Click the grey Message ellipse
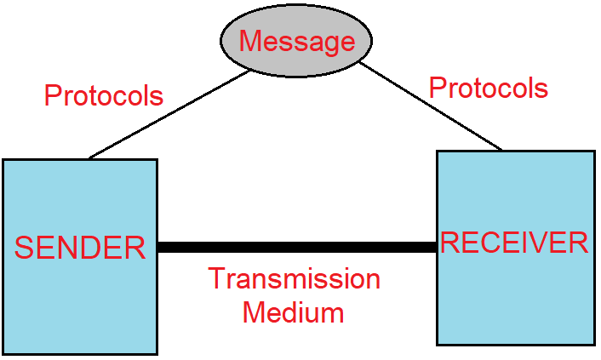tap(296, 41)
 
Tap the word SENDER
tap(81, 248)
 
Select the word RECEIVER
tap(514, 243)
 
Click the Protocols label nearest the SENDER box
tap(104, 95)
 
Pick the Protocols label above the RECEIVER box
tap(488, 88)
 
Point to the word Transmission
tap(294, 279)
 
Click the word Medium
tap(293, 312)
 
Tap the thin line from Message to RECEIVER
tap(430, 106)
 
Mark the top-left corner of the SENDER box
tap(3, 160)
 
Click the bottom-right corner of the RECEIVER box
tap(594, 345)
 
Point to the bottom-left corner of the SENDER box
tap(3, 353)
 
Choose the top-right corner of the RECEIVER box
tap(594, 151)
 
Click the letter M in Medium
tap(253, 312)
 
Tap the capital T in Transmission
tap(216, 279)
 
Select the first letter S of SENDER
tap(24, 248)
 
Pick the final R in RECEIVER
tap(579, 243)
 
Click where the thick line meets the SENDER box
tap(157, 248)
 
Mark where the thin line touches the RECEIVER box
tap(501, 151)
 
